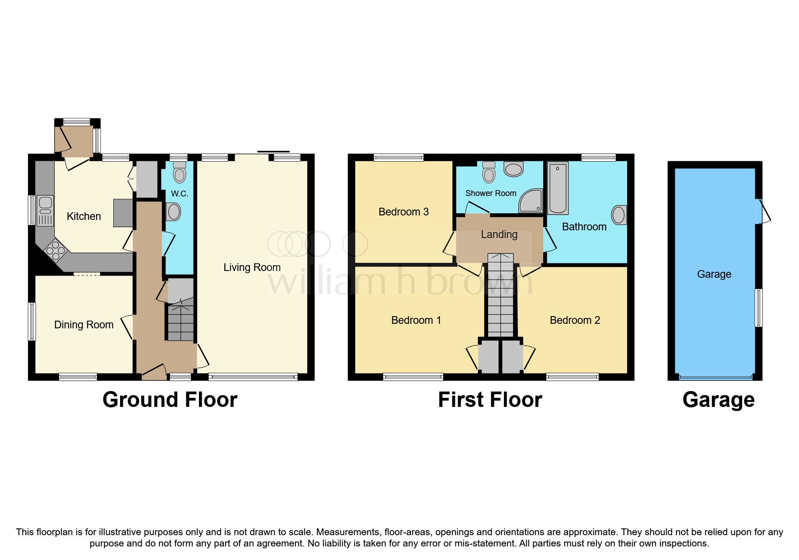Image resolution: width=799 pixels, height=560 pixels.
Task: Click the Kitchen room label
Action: tap(83, 216)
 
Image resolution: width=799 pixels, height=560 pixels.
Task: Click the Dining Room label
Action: tap(83, 325)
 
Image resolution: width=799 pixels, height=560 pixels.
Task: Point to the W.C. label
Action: tap(179, 194)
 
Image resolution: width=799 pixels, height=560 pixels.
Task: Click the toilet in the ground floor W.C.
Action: tap(180, 172)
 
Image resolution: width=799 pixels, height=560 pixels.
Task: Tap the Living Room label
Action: tap(252, 267)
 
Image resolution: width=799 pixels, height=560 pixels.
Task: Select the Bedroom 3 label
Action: tap(403, 212)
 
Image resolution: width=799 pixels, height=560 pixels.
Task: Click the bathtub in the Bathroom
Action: tap(558, 188)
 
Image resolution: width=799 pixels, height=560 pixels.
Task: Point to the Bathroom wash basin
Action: tap(619, 215)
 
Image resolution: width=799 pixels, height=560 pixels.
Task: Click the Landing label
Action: tap(499, 234)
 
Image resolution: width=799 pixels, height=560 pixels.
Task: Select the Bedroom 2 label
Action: tap(575, 320)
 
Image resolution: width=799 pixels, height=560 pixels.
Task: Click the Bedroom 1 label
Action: tap(416, 320)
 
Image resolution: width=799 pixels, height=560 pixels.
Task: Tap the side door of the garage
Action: tap(763, 211)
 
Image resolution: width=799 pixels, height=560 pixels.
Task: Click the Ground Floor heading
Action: tap(170, 400)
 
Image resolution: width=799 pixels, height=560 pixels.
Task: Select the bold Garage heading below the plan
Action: tap(718, 400)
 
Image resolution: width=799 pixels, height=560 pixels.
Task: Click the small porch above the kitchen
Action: tap(74, 139)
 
